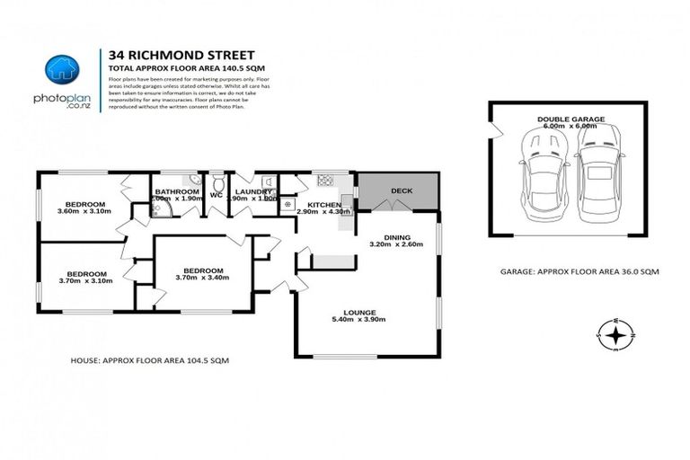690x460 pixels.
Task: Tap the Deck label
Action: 401,190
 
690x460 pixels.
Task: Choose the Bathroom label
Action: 176,191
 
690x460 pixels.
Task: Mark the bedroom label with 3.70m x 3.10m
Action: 88,273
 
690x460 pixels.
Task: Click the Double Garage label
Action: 571,119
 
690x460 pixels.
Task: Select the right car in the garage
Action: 598,176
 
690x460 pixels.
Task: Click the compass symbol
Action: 615,335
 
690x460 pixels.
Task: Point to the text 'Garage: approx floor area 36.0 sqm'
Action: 572,270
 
